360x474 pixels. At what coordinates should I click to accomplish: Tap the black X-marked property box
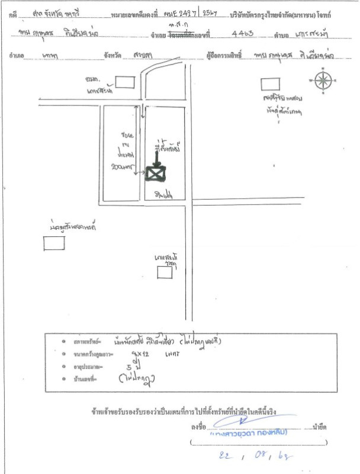coord(156,173)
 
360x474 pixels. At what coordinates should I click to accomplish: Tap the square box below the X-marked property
coord(164,272)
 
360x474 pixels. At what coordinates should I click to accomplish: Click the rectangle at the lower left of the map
coord(54,242)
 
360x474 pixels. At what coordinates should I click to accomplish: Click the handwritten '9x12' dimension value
coord(128,354)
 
